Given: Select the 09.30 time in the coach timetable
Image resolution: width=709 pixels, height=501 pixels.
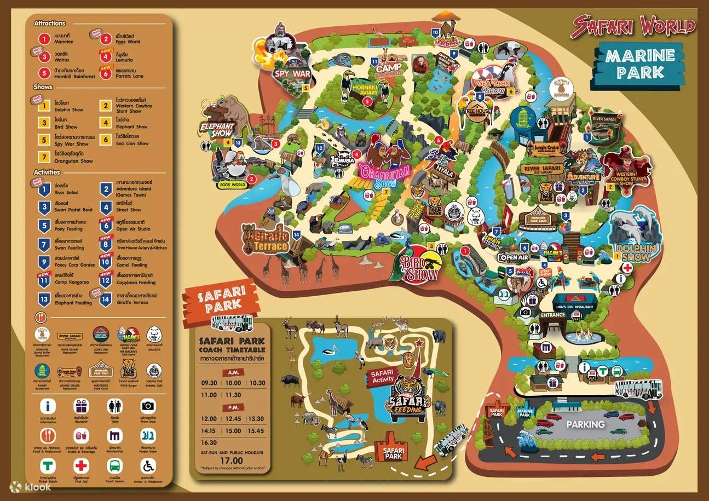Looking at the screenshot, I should (x=209, y=383).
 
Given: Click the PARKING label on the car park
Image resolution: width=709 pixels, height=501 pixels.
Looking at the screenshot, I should (x=585, y=424).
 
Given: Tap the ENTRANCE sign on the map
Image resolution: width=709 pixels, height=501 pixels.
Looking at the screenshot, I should (x=553, y=315).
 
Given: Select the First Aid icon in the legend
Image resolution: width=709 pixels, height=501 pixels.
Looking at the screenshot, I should (x=81, y=465).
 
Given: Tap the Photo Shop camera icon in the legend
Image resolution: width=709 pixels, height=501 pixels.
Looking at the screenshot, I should (x=148, y=406).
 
